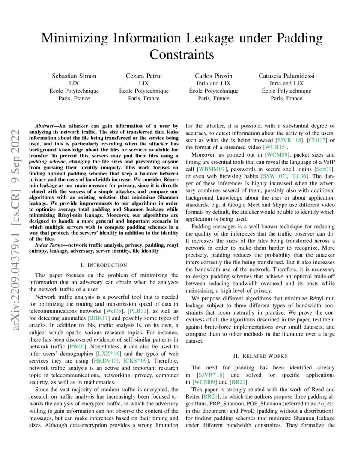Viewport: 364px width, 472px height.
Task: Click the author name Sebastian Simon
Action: coord(74,76)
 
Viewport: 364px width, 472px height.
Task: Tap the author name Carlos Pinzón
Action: coord(213,76)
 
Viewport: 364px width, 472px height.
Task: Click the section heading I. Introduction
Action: coord(104,265)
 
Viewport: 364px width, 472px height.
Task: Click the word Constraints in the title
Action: coord(182,55)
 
